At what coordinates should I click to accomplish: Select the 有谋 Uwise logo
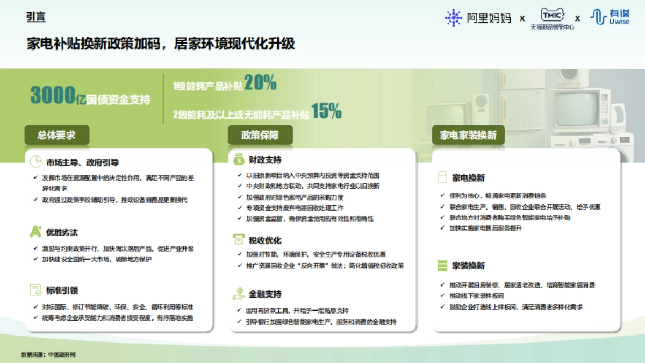[x=610, y=17]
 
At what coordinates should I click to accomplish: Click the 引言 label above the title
[x=35, y=17]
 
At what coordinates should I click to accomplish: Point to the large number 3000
[x=52, y=96]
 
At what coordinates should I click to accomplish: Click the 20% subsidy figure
[x=260, y=83]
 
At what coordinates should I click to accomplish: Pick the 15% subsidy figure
[x=326, y=111]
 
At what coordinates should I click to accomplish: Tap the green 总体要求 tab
[x=56, y=135]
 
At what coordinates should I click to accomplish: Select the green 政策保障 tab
[x=260, y=135]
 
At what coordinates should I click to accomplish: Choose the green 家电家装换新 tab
[x=468, y=135]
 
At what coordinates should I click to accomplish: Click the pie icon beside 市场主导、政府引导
[x=35, y=162]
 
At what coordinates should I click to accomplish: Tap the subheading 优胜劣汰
[x=62, y=233]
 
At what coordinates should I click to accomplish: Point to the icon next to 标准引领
[x=35, y=290]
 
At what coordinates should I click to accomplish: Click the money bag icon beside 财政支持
[x=238, y=160]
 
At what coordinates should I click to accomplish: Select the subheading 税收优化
[x=265, y=240]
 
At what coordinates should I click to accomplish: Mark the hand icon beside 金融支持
[x=238, y=294]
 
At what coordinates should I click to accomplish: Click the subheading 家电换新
[x=469, y=177]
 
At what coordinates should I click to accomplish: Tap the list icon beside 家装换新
[x=442, y=266]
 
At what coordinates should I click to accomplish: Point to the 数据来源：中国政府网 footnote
[x=48, y=354]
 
